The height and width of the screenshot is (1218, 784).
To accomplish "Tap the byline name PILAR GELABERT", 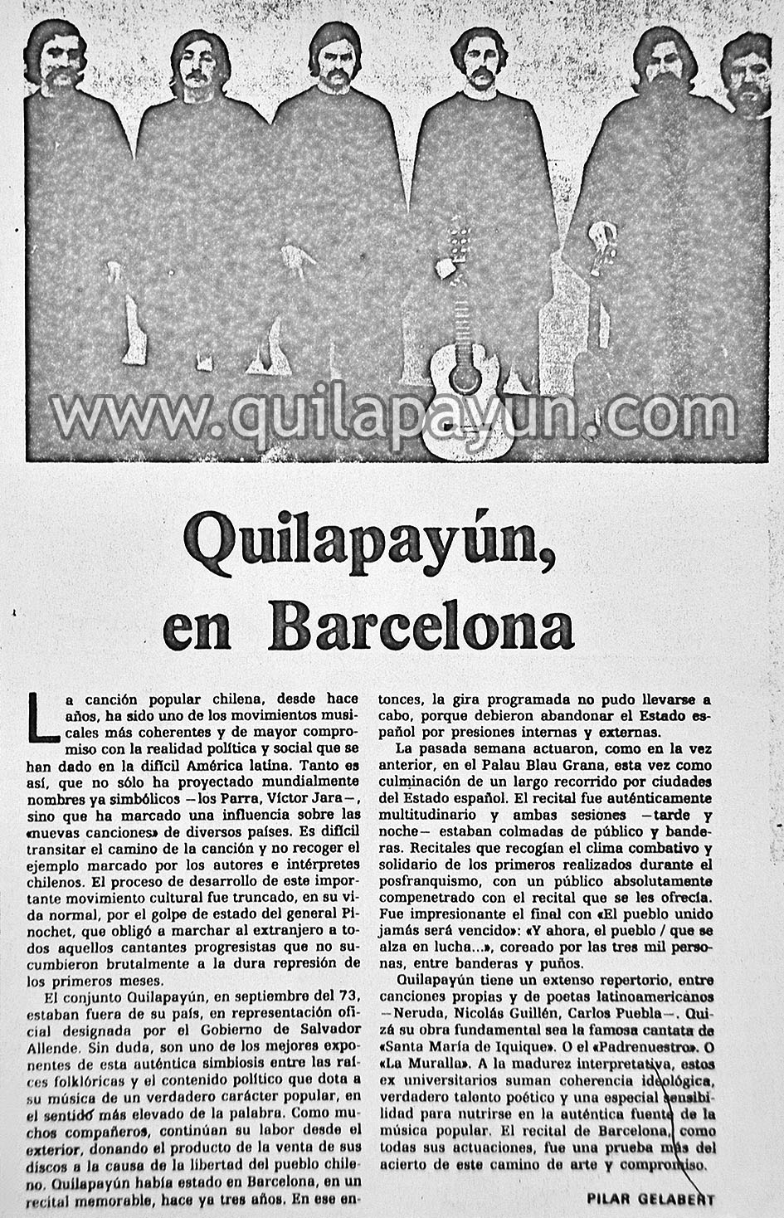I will [650, 1199].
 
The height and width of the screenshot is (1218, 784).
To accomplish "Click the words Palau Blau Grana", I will [591, 766].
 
